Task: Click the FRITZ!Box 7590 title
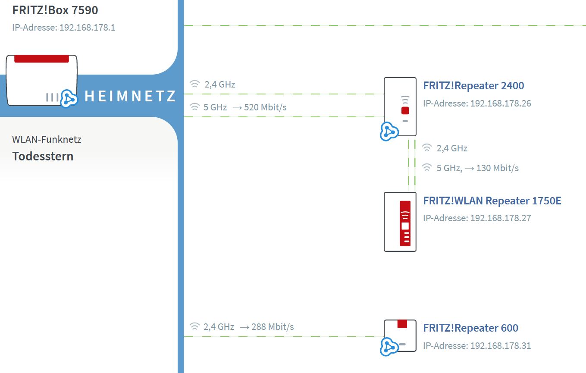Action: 55,10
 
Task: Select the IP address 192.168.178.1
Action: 88,28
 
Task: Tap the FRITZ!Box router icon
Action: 41,80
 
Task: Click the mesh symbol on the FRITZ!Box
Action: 69,98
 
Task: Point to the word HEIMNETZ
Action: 130,96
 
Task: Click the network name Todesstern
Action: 43,156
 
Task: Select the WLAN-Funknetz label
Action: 47,139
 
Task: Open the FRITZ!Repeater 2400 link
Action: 473,85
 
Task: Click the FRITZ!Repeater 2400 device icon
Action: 400,107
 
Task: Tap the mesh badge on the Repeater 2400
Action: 389,132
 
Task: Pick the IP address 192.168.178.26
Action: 501,103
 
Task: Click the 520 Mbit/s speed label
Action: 265,107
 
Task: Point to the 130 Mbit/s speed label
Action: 497,168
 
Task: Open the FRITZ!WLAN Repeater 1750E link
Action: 492,201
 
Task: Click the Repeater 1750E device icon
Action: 400,222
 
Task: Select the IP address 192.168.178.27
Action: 501,218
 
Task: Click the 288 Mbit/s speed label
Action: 273,327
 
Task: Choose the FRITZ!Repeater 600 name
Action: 470,328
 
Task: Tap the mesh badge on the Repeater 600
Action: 389,347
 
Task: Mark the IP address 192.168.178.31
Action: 501,345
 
